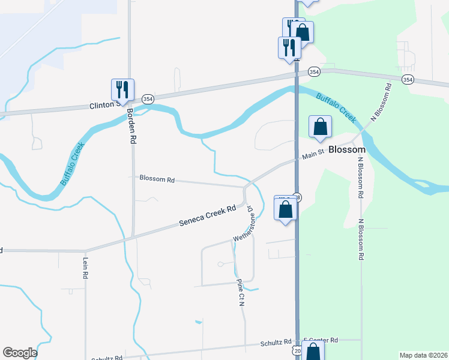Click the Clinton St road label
100,106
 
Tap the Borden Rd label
130,124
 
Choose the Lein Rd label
85,268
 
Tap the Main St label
313,155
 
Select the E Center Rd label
321,340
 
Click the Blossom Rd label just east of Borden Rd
157,178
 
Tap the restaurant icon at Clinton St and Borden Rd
122,90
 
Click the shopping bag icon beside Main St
321,127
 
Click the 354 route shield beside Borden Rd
148,99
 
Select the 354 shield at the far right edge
408,79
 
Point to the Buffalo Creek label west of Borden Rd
73,164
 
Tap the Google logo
20,353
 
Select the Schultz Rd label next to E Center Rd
276,343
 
